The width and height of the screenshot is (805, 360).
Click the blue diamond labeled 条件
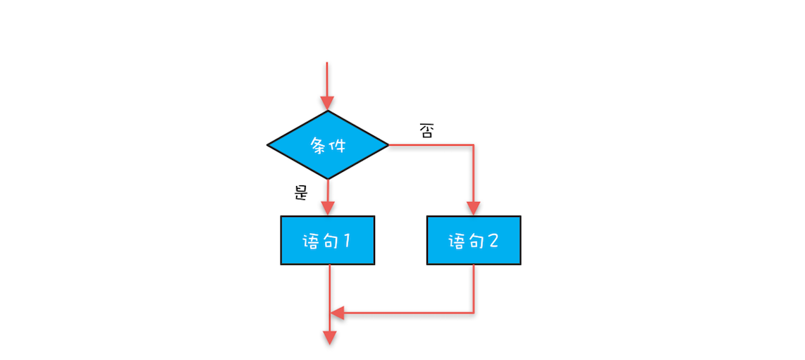[328, 145]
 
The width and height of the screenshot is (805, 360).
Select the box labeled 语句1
[328, 240]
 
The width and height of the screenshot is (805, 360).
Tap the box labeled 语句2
[474, 240]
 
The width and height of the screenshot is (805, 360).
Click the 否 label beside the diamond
[426, 131]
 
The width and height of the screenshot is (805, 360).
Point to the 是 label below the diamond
[301, 192]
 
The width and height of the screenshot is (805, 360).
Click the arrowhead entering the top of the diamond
[328, 104]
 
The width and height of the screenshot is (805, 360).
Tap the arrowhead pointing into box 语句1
[328, 209]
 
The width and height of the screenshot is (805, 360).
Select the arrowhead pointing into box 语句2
[474, 209]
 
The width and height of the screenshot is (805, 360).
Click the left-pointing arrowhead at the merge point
[338, 313]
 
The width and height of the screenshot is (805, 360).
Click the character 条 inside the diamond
[319, 145]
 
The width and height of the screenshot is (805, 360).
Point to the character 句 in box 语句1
[328, 241]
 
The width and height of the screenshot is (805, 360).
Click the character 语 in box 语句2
[456, 241]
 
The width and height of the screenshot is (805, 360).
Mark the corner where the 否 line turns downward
[474, 145]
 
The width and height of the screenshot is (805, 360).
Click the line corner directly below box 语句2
[474, 313]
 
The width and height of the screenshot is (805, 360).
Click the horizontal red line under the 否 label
[430, 145]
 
